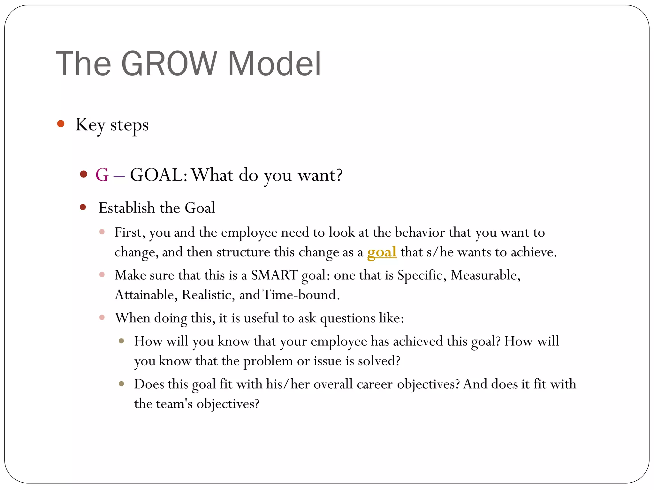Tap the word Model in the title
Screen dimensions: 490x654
pos(274,64)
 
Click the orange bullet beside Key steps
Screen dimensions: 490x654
pos(61,124)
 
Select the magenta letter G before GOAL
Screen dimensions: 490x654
pos(102,175)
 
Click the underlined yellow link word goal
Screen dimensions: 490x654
pos(382,252)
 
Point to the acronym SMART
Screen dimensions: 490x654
pos(274,275)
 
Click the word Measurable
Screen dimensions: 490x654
pos(485,275)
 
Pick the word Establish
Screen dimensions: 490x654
pos(127,208)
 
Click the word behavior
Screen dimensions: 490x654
pos(420,233)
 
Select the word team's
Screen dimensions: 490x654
pos(174,404)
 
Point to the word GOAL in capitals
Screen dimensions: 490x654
pos(156,175)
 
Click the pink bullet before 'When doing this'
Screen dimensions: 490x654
pos(102,317)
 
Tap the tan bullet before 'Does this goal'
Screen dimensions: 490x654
pos(121,384)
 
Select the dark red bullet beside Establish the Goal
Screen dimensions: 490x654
pos(83,207)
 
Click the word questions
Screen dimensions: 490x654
pos(347,318)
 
